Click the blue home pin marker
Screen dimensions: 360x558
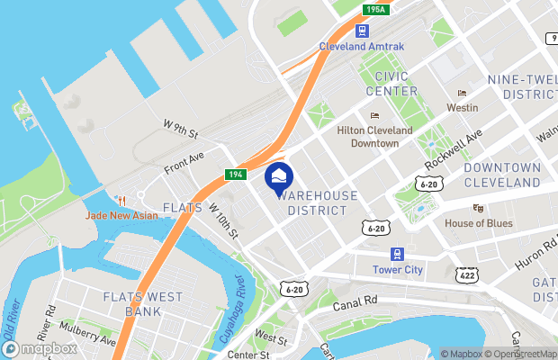coord(278,175)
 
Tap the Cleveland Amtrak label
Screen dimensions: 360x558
coord(361,47)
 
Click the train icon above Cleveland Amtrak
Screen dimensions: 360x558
coord(361,31)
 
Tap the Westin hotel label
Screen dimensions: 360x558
coord(462,107)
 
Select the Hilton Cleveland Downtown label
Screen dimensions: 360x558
coord(373,137)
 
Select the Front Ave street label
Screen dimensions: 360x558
coord(184,162)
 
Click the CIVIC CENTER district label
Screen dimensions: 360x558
coord(391,84)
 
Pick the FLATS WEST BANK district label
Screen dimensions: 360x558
coord(143,304)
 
